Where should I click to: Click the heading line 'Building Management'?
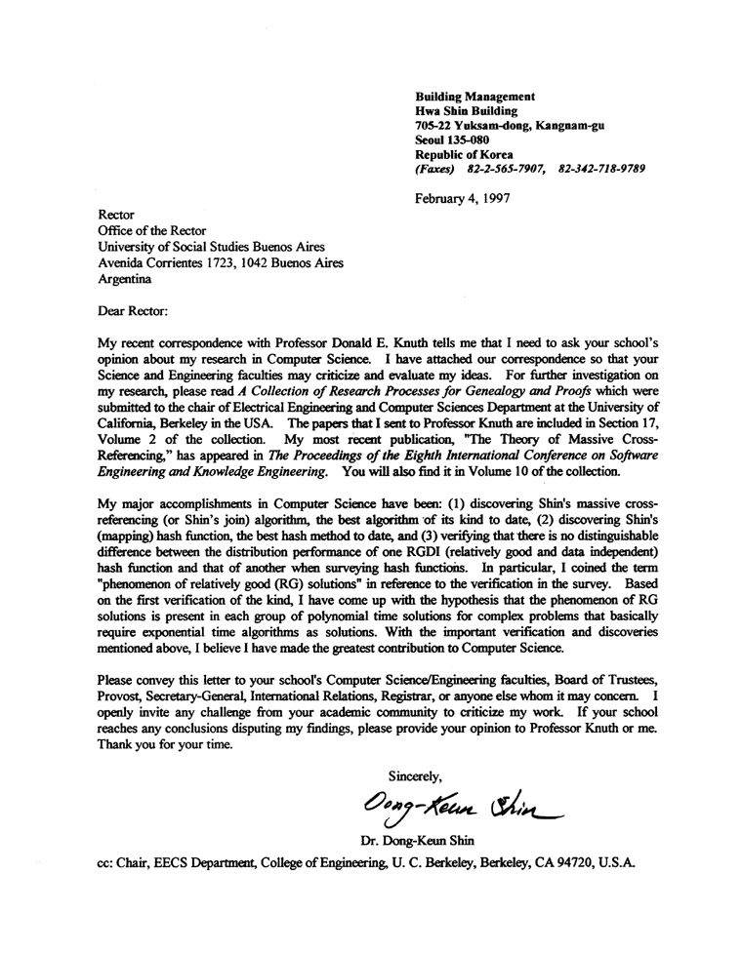click(474, 97)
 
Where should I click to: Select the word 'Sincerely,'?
click(417, 776)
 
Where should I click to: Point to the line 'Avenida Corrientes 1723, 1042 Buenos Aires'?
click(226, 261)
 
